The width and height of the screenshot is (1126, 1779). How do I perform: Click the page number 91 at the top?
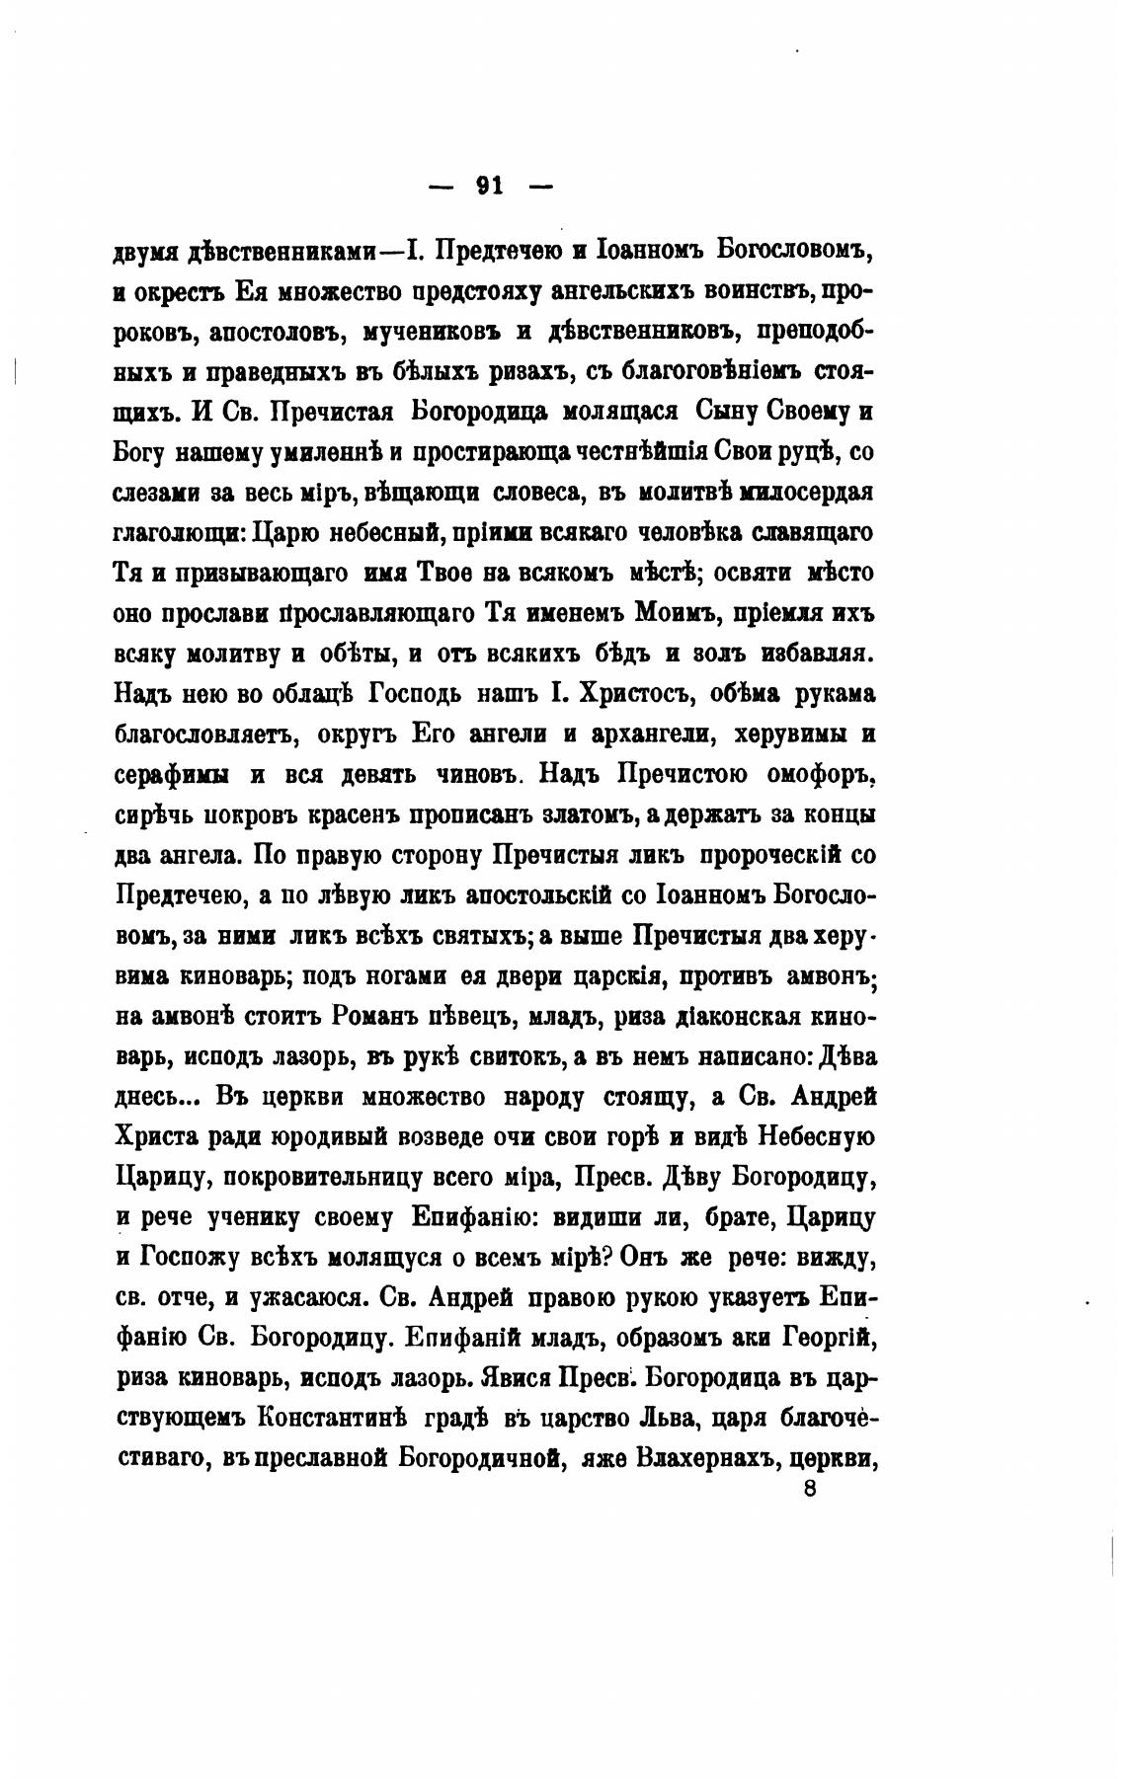(x=490, y=186)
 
